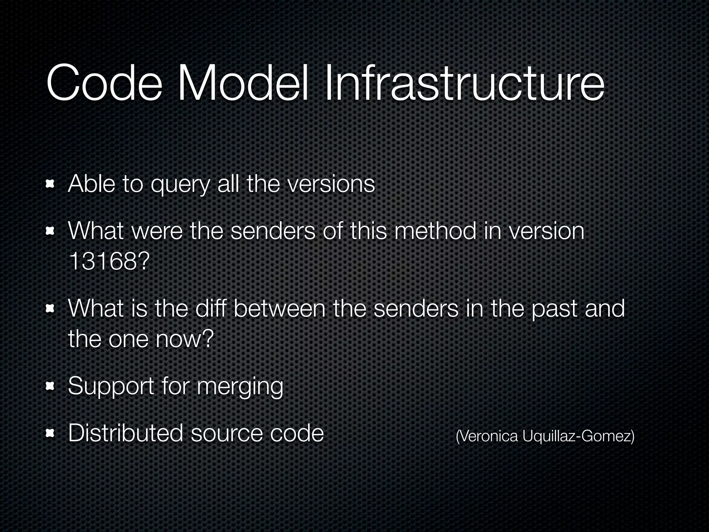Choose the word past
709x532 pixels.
coord(554,309)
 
